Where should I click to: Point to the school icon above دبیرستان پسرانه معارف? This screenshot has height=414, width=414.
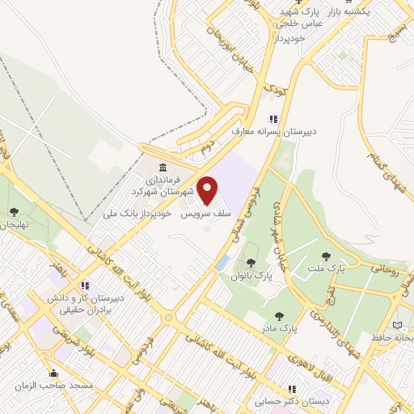pos(272,119)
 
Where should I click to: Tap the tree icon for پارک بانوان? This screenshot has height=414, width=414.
pos(251,262)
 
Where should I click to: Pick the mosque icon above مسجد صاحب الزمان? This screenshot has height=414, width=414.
pos(54,374)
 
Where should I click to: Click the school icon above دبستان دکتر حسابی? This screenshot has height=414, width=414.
pos(292,389)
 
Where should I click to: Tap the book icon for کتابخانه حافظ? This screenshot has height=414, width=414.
pos(396,326)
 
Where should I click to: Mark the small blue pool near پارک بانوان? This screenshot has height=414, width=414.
pos(222,262)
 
